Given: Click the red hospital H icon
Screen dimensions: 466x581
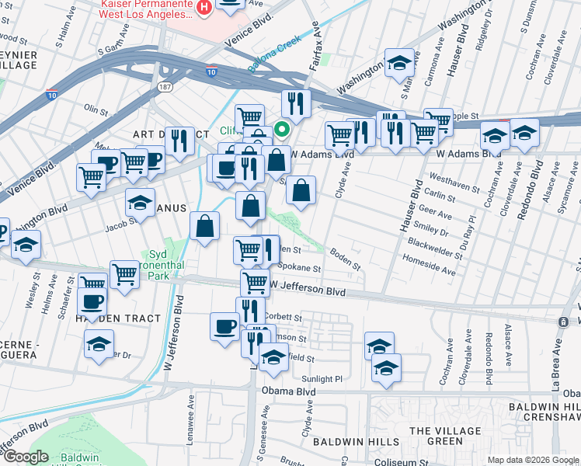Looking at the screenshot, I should click(x=204, y=8).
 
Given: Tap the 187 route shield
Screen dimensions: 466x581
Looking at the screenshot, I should click(x=165, y=86).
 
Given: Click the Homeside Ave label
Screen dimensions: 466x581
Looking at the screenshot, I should click(x=427, y=270).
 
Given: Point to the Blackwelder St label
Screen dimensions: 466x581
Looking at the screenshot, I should click(x=433, y=245).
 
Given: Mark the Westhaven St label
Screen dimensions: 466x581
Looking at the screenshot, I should click(x=457, y=185).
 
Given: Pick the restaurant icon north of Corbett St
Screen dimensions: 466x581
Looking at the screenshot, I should click(x=250, y=311).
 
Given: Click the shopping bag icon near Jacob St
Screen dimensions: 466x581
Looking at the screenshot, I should click(x=204, y=227).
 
